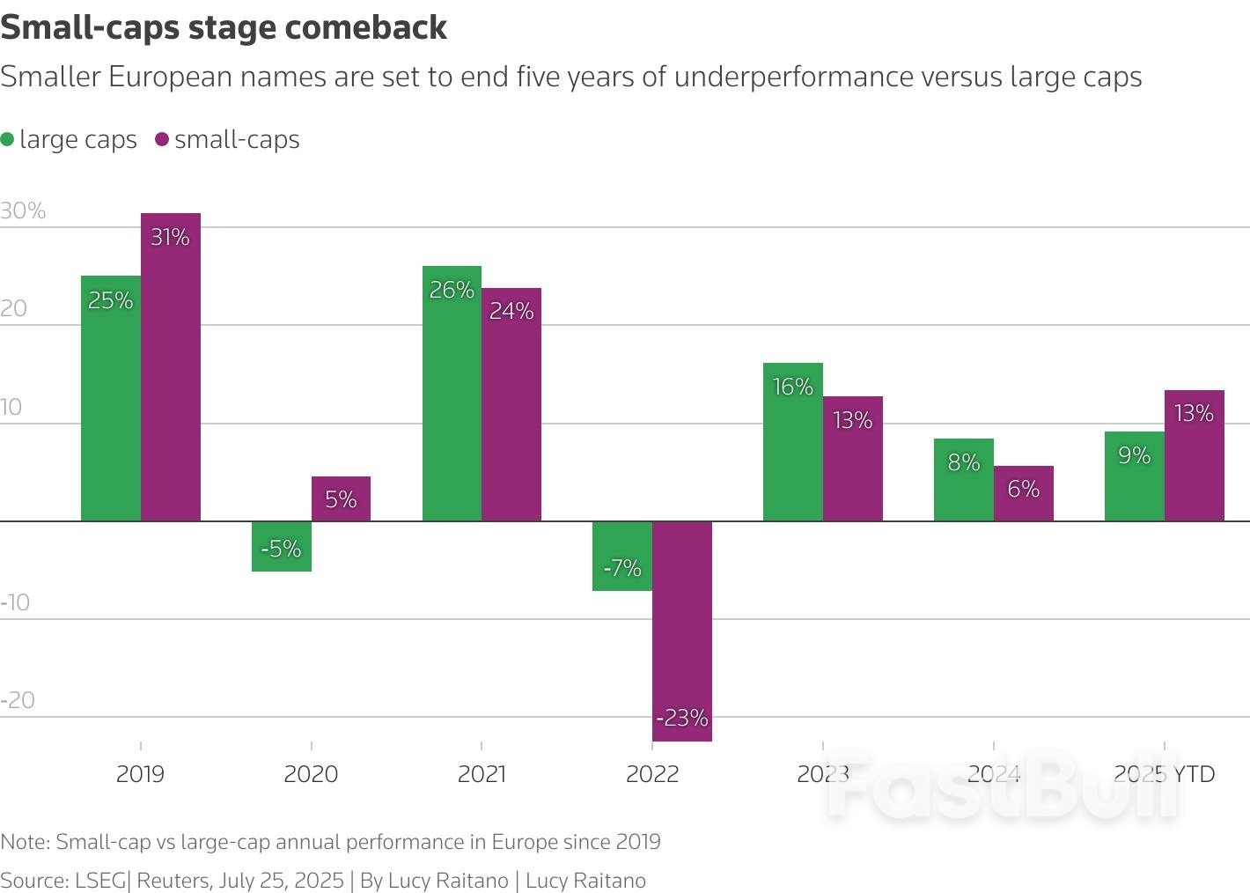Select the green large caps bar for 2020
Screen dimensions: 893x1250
pos(282,546)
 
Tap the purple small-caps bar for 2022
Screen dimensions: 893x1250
pos(682,631)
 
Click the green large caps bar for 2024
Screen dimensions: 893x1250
pos(964,480)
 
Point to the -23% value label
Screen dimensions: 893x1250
pos(682,718)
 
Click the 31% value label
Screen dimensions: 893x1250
pos(170,237)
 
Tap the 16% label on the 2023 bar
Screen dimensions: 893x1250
pos(792,387)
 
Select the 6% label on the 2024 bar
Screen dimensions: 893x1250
pos(1023,489)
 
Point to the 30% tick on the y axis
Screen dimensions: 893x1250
pos(23,210)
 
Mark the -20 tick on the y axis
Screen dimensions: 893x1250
pos(18,700)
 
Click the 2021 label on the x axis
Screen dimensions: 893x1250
pos(482,774)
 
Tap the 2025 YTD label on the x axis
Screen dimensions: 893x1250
pos(1164,774)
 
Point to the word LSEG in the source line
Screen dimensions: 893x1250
pos(100,881)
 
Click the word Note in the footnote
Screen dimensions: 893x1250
pos(24,842)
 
